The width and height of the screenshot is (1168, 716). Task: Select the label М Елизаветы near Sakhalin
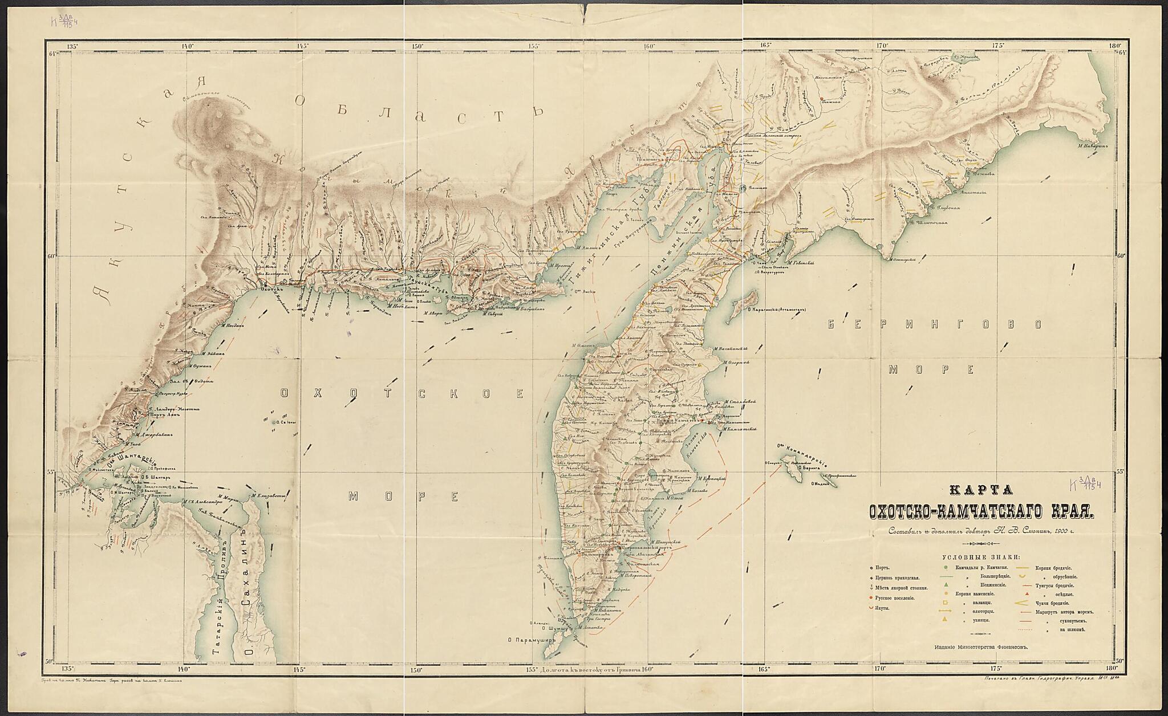(268, 495)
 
